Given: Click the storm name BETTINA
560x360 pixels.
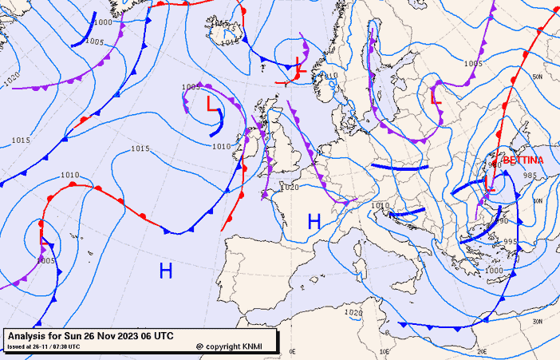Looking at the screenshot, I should (523, 160).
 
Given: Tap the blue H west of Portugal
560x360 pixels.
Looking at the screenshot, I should (166, 271).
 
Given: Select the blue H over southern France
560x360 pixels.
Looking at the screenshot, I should (314, 222).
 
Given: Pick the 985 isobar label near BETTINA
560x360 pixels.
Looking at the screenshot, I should (530, 176).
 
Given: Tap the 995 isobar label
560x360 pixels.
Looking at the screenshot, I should (511, 242).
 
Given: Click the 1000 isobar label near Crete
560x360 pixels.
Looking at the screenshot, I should (495, 271).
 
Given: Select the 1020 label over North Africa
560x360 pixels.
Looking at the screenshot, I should (355, 313).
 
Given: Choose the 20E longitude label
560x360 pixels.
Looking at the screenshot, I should (482, 351).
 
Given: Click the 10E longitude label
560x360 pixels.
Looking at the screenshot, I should (387, 351).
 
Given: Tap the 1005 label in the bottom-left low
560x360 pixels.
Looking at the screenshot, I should (45, 260).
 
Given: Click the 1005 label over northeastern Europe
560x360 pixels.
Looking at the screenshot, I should (473, 63).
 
